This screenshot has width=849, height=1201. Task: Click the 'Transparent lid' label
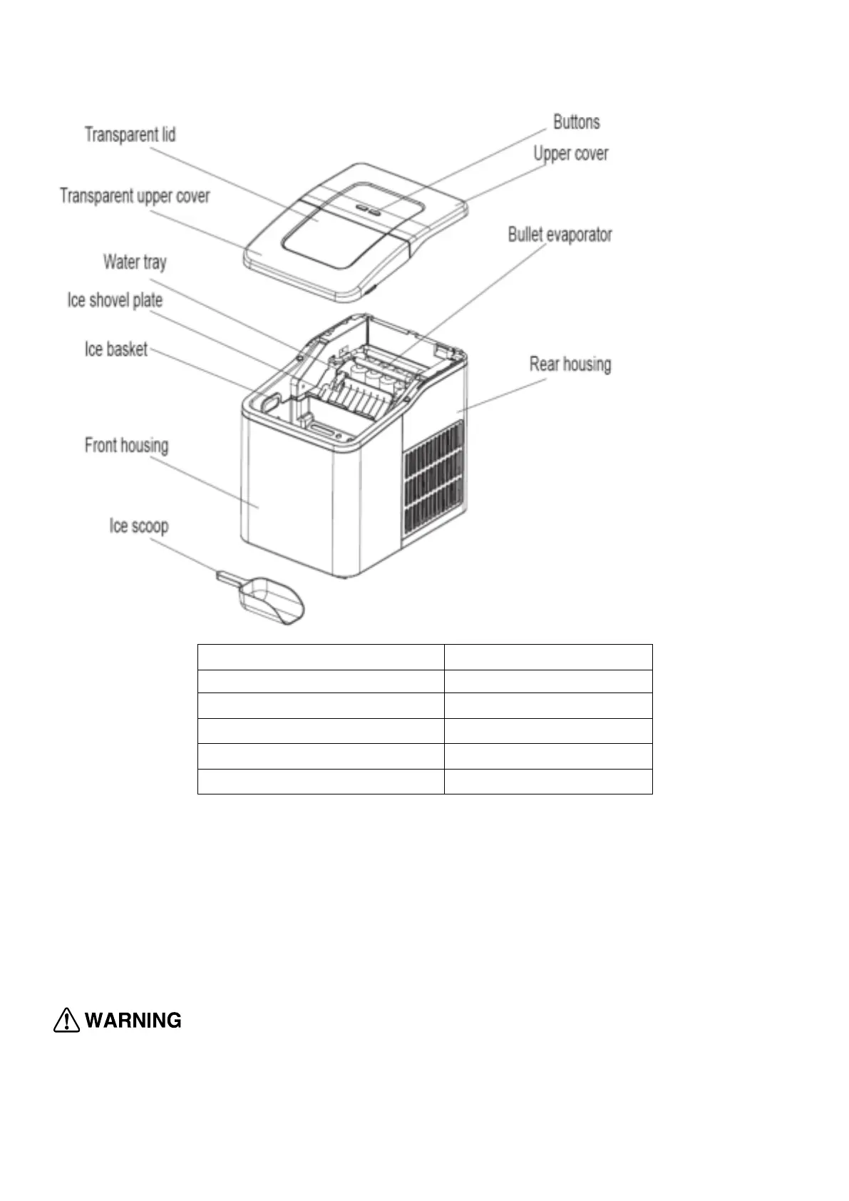tap(130, 135)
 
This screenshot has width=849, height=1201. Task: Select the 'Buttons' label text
tap(576, 122)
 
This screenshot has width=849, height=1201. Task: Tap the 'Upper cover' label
tap(571, 154)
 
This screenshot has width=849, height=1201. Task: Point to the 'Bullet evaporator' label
tap(560, 235)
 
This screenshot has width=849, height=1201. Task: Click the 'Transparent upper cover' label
tap(135, 196)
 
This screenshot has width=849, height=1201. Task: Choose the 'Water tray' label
tap(135, 262)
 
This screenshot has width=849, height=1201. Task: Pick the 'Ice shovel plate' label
tap(115, 300)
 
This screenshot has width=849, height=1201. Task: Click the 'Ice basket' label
tap(116, 349)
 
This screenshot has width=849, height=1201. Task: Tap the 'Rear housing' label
tap(570, 364)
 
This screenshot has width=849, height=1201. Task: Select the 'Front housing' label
tap(126, 446)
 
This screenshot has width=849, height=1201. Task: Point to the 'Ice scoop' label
tap(139, 526)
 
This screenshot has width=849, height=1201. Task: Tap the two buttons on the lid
tap(369, 210)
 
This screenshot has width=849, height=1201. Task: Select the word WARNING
tap(133, 1021)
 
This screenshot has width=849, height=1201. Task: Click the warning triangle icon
tap(66, 1021)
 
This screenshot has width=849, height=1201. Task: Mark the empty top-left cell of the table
tap(321, 657)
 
